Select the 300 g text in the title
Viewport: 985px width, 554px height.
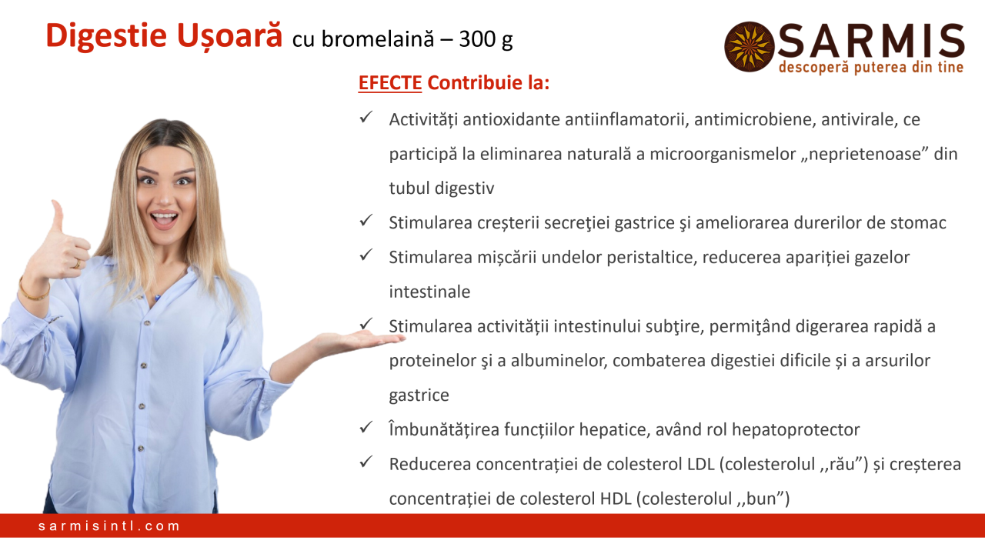click(x=486, y=39)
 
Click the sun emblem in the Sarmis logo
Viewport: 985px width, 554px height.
click(x=750, y=47)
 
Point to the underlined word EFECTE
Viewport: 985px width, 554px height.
click(x=390, y=83)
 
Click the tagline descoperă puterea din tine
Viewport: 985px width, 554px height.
click(x=871, y=67)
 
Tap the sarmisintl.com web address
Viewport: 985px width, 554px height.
click(x=109, y=526)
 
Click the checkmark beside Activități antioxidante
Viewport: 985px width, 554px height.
click(x=366, y=117)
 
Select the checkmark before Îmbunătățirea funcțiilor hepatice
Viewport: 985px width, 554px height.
click(x=366, y=427)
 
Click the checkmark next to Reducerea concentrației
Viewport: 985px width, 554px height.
click(x=366, y=462)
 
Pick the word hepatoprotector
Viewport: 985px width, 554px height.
click(x=796, y=430)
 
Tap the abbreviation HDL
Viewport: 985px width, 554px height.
click(x=616, y=499)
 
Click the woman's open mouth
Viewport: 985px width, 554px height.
click(x=164, y=219)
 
